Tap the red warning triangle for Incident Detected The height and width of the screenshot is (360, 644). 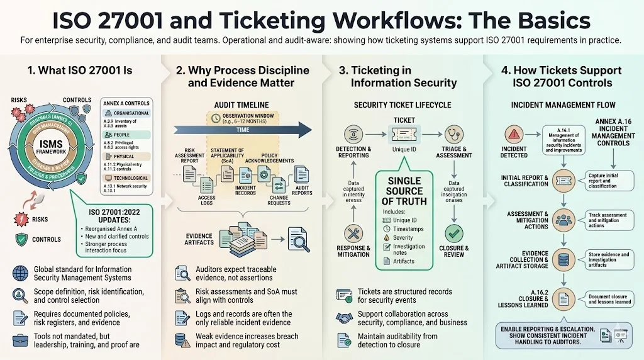[x=514, y=133]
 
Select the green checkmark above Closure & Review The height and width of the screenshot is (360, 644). [x=453, y=233]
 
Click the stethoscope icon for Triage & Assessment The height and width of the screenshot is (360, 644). [x=453, y=133]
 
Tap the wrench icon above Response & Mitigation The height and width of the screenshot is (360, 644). [x=353, y=233]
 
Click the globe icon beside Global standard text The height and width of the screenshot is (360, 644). [x=20, y=273]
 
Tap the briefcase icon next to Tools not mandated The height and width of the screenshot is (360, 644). [x=20, y=340]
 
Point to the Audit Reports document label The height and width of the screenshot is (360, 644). [x=302, y=190]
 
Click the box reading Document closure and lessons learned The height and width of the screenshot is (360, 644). [x=609, y=299]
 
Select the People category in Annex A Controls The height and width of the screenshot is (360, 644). [x=122, y=135]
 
